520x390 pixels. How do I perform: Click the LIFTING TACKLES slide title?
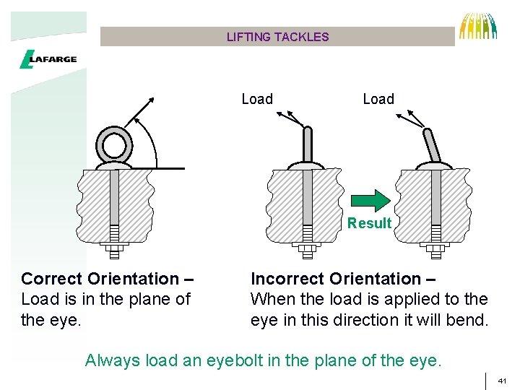tap(277, 37)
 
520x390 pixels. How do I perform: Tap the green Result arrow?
tap(370, 200)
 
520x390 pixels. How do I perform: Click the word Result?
tap(369, 223)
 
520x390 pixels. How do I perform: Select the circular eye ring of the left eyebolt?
tap(113, 146)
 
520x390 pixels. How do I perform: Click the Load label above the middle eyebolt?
tap(257, 99)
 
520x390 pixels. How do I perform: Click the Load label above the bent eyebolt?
tap(378, 99)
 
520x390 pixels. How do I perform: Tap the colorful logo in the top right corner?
tap(479, 26)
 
